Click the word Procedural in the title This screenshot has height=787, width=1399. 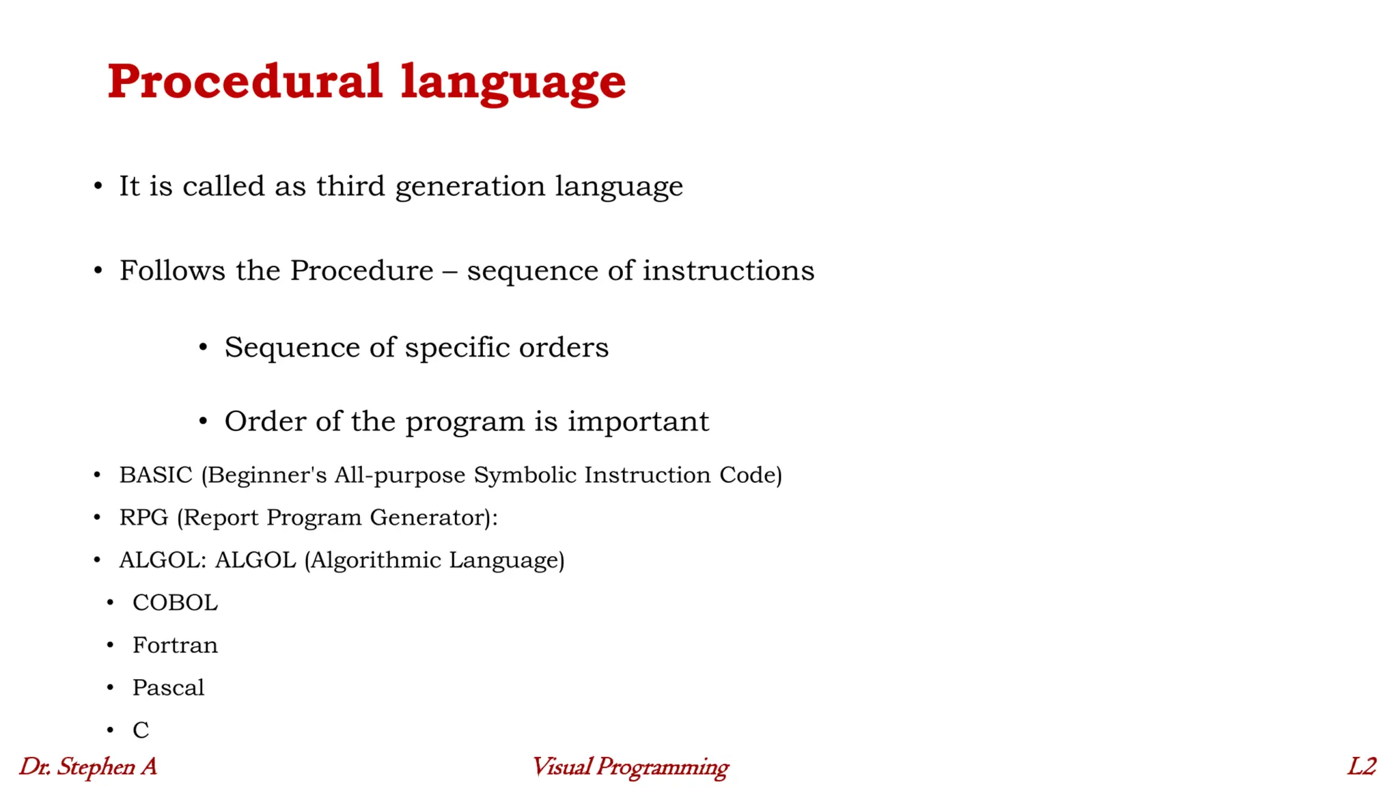245,81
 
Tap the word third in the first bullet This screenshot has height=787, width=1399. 350,186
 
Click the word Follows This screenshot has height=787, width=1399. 172,271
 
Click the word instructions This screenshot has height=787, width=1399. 728,271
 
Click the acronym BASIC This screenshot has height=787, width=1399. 156,475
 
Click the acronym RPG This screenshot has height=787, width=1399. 143,517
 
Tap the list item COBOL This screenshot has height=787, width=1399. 175,603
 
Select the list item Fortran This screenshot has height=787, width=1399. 175,645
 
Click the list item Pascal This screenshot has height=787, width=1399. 168,687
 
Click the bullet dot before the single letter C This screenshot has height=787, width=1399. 110,730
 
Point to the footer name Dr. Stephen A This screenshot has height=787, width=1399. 87,767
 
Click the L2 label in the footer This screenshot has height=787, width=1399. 1361,767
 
